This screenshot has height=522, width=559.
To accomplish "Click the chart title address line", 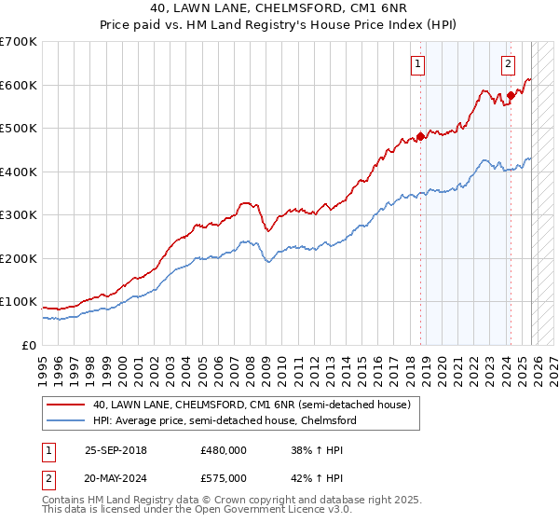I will [279, 8].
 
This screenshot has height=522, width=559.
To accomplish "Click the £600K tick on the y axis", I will [19, 85].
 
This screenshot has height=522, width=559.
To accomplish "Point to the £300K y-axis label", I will [19, 215].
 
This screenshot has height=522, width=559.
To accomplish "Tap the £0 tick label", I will [29, 346].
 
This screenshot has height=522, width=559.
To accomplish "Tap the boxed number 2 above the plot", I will [508, 64].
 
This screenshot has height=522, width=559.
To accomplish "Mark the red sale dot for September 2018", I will [420, 136].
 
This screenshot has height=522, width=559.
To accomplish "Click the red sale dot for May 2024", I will [511, 95].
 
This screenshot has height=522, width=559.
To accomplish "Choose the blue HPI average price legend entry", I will [224, 420].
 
